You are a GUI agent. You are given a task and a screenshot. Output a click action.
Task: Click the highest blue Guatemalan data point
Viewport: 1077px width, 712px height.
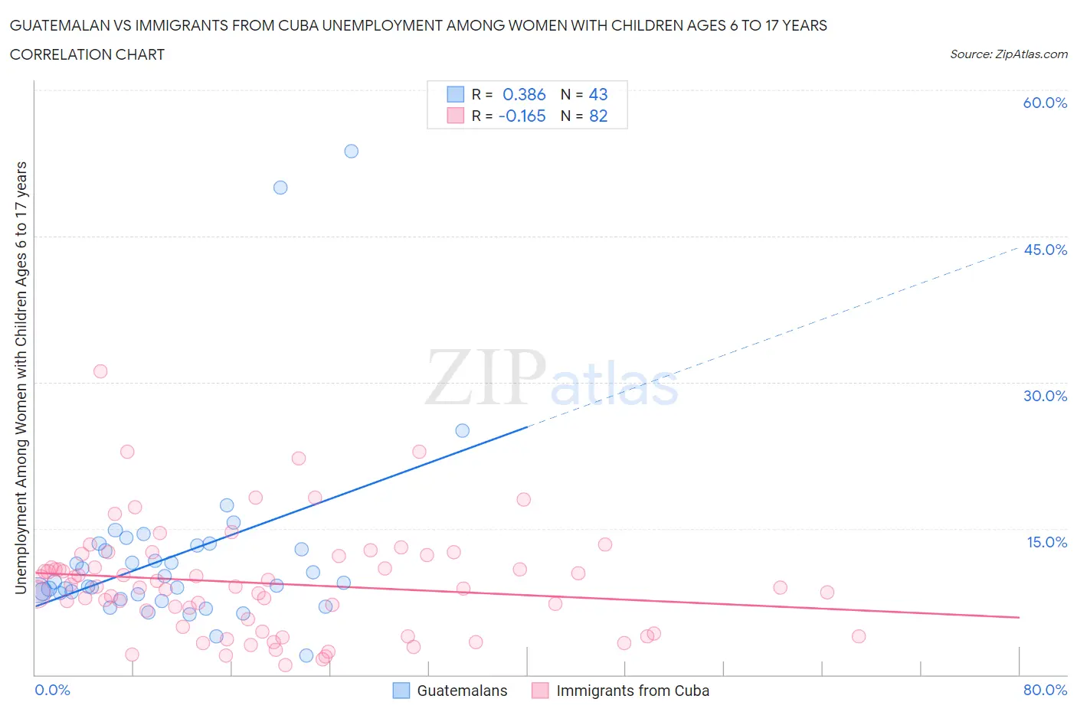[x=351, y=151]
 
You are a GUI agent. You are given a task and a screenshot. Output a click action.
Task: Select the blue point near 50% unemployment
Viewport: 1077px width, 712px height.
[x=280, y=188]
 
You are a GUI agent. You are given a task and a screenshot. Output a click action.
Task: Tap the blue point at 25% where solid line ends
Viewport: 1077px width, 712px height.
[x=462, y=430]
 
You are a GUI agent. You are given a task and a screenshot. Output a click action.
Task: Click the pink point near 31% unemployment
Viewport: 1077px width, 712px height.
[x=100, y=371]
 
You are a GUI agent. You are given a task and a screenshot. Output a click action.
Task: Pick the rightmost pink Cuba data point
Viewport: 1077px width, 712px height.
[x=859, y=636]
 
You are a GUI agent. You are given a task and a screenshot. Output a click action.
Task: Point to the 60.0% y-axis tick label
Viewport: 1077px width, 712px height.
[x=1045, y=103]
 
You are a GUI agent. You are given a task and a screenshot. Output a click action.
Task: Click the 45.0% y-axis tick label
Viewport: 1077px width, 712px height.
[x=1045, y=250]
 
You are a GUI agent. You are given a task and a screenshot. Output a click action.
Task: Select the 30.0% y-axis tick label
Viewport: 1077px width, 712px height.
[x=1045, y=396]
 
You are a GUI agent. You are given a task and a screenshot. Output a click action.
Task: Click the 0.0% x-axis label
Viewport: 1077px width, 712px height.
[x=52, y=690]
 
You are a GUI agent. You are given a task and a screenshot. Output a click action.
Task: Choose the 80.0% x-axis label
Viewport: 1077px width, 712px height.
[x=1045, y=690]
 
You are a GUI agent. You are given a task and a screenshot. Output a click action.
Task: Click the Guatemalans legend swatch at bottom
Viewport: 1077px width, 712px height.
[x=401, y=691]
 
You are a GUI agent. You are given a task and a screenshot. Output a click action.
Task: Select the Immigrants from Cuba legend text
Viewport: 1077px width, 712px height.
[x=633, y=691]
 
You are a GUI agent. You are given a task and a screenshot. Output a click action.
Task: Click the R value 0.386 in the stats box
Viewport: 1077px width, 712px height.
[x=524, y=94]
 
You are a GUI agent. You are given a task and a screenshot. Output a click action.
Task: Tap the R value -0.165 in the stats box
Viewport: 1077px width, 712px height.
[x=522, y=116]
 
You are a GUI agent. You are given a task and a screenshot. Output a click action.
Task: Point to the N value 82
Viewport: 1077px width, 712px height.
[x=598, y=116]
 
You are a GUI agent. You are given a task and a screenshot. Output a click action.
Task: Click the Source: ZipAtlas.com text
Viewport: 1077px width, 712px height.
[x=1008, y=54]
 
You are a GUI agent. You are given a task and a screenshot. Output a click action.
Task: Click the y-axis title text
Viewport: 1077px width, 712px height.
[x=21, y=377]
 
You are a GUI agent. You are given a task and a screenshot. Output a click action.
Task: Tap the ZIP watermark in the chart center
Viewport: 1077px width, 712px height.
[x=486, y=377]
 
